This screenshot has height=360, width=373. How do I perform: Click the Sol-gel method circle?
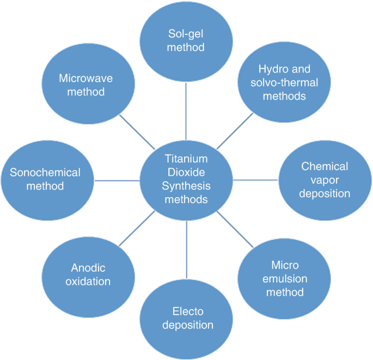click(x=186, y=41)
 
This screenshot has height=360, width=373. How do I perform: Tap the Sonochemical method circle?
click(x=45, y=179)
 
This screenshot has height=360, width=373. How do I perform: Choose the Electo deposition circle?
click(x=186, y=319)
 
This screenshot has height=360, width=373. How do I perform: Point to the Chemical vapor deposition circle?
click(x=325, y=179)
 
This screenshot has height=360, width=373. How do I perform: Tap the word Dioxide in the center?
click(x=186, y=172)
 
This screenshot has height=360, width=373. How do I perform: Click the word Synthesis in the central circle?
click(x=186, y=186)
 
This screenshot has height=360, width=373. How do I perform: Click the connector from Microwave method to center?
click(x=136, y=131)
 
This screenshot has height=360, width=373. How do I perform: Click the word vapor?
click(x=325, y=179)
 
